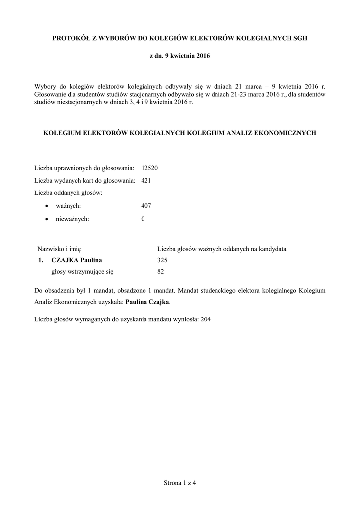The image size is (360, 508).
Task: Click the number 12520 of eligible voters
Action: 149,168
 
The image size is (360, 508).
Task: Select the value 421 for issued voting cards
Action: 146,181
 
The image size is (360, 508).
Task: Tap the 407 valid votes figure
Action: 146,206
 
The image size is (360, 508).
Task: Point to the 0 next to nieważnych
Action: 143,218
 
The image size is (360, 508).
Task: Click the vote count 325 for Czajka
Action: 162,260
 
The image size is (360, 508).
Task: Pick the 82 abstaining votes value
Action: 160,272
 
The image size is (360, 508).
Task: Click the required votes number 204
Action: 205,320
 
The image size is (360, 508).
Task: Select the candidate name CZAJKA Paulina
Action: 77,260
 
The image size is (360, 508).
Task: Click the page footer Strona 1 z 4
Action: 180,482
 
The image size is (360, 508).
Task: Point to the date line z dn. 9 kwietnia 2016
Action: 180,56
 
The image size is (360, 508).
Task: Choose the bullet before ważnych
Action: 47,206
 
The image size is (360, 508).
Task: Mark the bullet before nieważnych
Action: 47,219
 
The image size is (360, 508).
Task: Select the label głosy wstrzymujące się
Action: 82,272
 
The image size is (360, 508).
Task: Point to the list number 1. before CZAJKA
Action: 41,260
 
